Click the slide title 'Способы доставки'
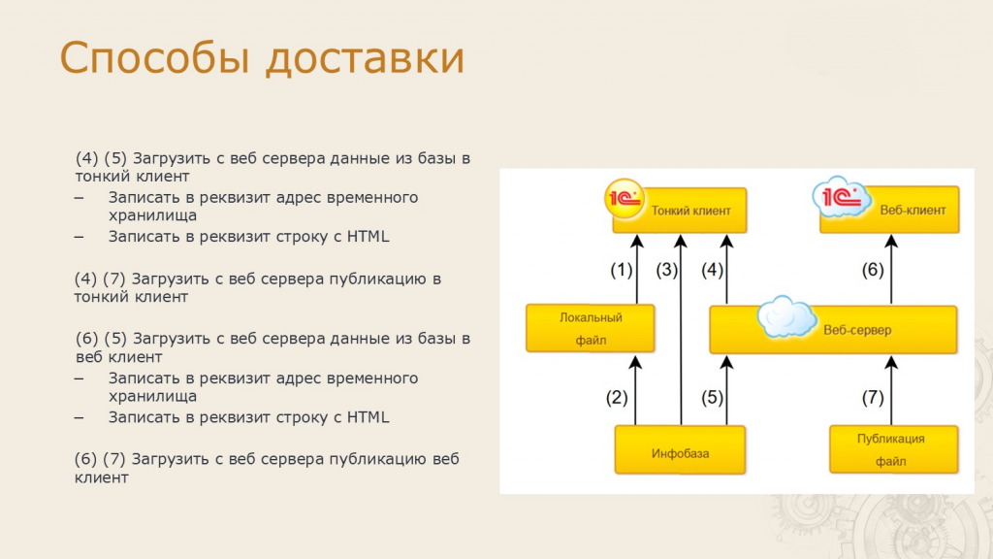[262, 58]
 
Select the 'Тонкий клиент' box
[680, 211]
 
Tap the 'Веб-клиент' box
[889, 210]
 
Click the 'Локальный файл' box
[591, 328]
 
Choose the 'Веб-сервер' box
[833, 330]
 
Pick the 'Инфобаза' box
[680, 450]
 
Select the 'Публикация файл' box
[893, 449]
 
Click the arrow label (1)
[622, 270]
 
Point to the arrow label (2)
[617, 397]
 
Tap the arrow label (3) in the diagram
[667, 270]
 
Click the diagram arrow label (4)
[713, 270]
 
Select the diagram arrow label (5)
[713, 397]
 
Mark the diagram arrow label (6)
[873, 270]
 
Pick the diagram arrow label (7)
[873, 397]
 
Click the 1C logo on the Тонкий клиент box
[625, 199]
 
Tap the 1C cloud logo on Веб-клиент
[841, 197]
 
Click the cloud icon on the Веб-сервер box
[786, 317]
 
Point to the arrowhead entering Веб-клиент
[891, 241]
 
